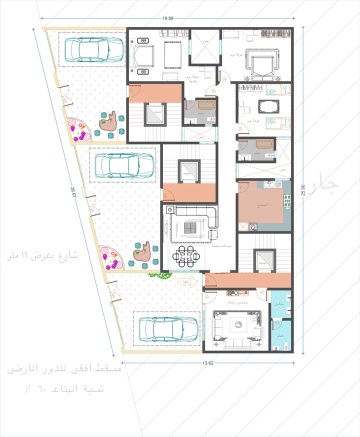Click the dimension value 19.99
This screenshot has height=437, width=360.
pyautogui.click(x=167, y=18)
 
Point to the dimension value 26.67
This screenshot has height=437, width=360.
pyautogui.click(x=73, y=192)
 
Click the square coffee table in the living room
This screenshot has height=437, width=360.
pyautogui.click(x=190, y=228)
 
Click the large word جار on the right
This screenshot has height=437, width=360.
pyautogui.click(x=325, y=185)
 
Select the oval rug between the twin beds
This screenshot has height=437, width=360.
pyautogui.click(x=268, y=106)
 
